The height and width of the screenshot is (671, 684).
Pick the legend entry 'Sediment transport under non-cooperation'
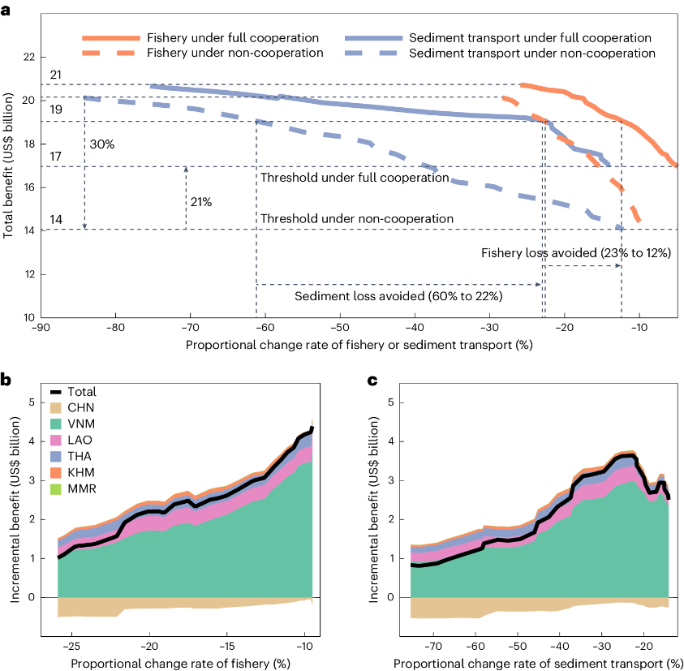532,53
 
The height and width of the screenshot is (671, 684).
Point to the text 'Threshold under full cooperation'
355,178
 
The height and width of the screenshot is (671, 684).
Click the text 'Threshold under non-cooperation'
356,219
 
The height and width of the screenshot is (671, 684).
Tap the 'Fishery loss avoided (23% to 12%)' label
575,253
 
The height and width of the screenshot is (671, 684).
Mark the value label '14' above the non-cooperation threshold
55,218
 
